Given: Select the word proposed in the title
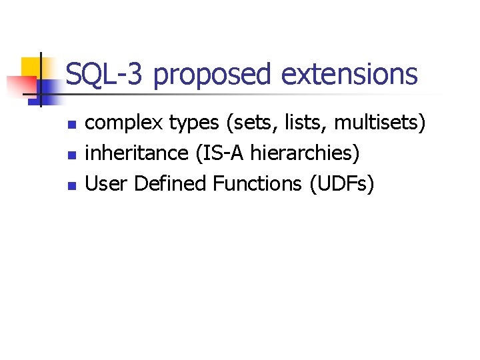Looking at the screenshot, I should click(x=212, y=75).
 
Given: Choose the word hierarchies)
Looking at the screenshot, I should click(x=305, y=154).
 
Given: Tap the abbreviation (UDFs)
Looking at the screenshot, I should click(x=341, y=183).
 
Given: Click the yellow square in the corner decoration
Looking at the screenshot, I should click(x=31, y=67).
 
